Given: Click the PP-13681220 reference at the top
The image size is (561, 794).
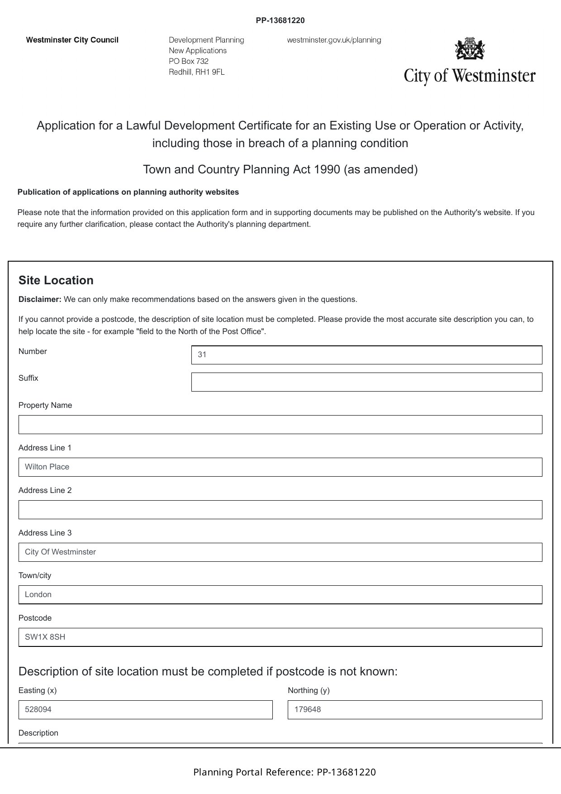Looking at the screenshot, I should (x=280, y=20).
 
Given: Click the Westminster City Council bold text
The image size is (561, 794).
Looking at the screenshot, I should (x=72, y=40).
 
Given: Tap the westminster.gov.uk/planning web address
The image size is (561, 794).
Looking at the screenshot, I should (x=334, y=40).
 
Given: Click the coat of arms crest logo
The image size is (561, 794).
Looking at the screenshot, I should (x=470, y=48).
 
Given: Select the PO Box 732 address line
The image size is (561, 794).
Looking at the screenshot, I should (x=189, y=61).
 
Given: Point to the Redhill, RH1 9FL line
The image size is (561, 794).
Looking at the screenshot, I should (x=196, y=72).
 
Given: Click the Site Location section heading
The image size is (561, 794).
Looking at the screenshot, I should (x=56, y=280).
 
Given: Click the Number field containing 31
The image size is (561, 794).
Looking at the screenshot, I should (x=366, y=355).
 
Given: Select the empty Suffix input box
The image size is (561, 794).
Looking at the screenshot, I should (x=366, y=382).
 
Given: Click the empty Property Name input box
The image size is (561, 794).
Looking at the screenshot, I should (x=280, y=425).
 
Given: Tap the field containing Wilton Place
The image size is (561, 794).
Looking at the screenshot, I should (x=280, y=467).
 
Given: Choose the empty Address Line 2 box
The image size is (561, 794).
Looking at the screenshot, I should (x=280, y=510).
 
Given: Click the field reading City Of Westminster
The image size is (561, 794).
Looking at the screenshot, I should (x=280, y=552).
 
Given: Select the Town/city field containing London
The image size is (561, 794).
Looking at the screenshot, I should (x=280, y=595).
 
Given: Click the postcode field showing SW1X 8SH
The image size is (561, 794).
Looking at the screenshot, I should (x=280, y=637).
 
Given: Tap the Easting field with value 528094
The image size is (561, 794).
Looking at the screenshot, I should (x=145, y=710).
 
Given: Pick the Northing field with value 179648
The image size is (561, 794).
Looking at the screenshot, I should (x=414, y=710).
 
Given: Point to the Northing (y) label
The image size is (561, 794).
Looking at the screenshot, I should (x=309, y=690).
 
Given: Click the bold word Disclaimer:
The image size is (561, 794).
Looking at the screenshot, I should (x=40, y=299).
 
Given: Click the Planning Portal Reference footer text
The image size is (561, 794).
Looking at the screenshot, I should (x=284, y=772).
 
